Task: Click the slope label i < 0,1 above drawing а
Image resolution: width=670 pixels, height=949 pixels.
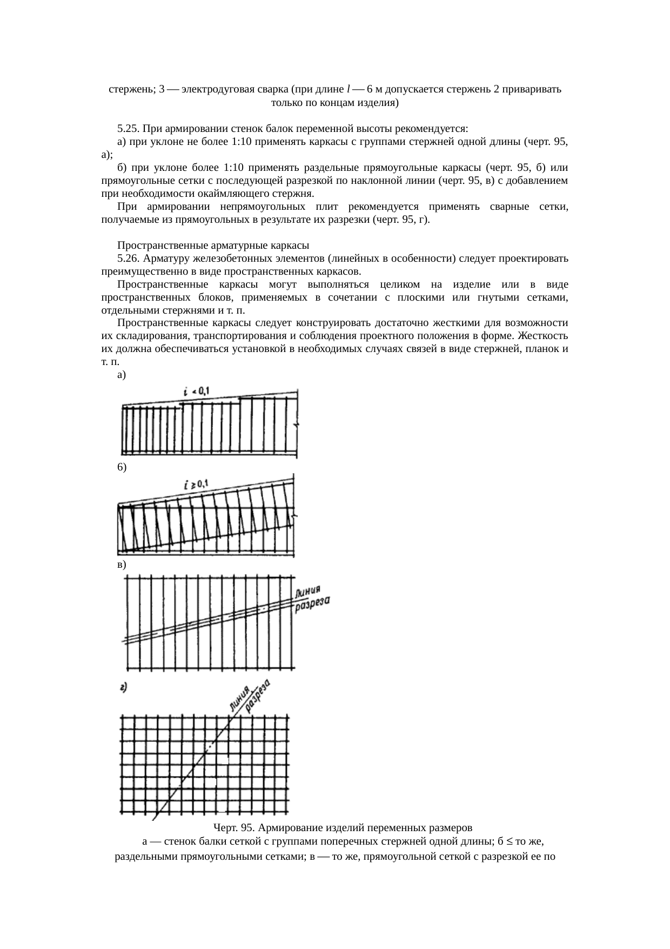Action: coord(196,391)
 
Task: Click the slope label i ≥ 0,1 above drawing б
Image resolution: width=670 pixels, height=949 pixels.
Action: coord(197,485)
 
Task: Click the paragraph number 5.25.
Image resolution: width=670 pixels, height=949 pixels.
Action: coord(128,129)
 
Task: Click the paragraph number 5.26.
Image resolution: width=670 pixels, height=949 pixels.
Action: coord(128,258)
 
